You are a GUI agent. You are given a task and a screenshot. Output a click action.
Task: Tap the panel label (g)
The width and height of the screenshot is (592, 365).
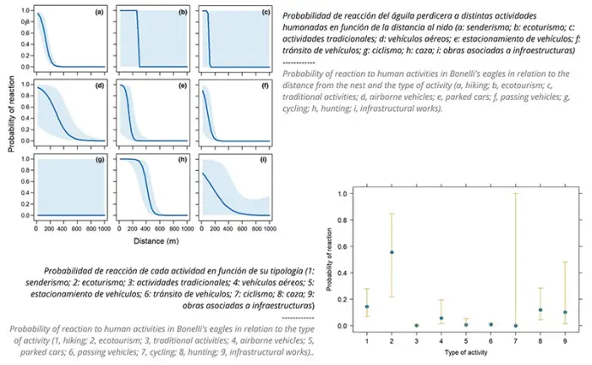click(99, 159)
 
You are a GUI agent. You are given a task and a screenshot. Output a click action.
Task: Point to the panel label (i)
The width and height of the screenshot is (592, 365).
click(264, 159)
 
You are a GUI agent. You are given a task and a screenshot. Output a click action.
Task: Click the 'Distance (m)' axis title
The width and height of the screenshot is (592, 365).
click(156, 241)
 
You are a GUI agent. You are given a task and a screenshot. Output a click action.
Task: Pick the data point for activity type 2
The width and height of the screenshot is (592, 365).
click(391, 252)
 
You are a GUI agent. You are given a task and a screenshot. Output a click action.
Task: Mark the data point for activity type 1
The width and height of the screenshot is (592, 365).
click(367, 307)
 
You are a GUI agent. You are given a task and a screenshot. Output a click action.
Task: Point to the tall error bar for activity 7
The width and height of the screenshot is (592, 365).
click(515, 254)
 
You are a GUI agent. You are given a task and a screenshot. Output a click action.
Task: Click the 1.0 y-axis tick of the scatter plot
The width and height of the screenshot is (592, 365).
click(343, 194)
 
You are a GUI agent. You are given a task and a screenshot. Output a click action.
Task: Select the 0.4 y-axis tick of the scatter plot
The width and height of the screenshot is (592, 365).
click(343, 273)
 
